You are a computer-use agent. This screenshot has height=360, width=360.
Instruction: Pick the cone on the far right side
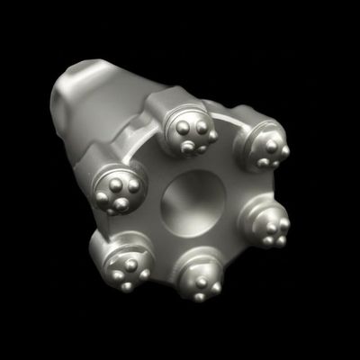tap(271, 225)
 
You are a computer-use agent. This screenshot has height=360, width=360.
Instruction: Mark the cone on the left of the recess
tap(118, 192)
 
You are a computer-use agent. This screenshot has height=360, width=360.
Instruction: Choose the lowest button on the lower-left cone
tap(127, 286)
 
